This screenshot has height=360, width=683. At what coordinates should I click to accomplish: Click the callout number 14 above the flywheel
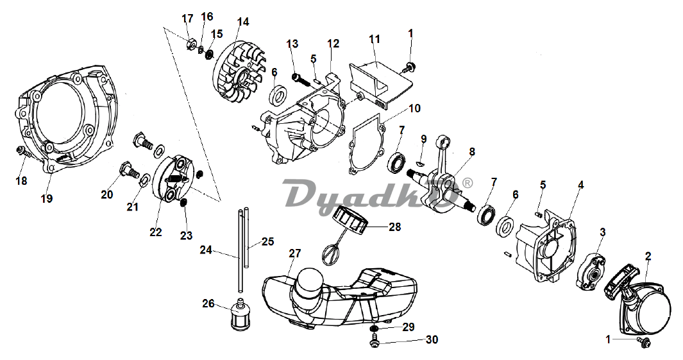point(243,22)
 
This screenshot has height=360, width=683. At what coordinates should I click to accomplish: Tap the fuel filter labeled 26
point(239,315)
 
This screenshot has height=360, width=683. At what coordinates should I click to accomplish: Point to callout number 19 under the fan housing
point(47,198)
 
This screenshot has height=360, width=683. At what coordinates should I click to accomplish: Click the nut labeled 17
point(190,44)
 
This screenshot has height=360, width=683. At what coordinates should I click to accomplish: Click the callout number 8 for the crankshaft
point(472,151)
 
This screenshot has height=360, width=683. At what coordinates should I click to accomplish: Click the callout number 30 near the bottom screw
point(432,339)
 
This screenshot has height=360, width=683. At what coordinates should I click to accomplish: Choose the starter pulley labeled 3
point(590,271)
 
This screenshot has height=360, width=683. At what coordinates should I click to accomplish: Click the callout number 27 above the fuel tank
point(295,253)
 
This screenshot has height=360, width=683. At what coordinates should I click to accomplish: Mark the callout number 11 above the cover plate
point(375,39)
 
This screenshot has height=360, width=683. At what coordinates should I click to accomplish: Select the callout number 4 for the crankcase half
point(580,185)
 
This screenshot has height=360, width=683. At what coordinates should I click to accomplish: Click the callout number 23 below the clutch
point(186,235)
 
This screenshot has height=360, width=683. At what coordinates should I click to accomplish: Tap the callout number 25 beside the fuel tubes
point(267,241)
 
